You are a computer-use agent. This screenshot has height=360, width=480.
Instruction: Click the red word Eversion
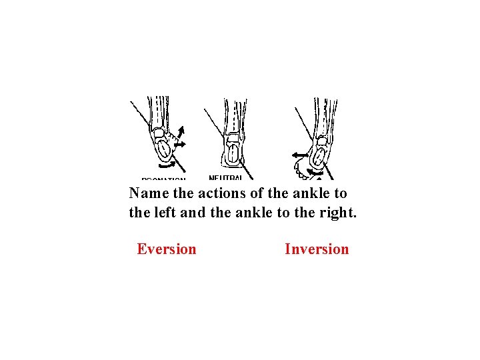point(167,249)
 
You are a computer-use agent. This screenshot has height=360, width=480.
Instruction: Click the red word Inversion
point(317,249)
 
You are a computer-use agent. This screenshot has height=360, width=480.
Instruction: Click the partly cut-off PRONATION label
point(163,179)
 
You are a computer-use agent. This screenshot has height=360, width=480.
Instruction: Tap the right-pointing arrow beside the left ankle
point(181,143)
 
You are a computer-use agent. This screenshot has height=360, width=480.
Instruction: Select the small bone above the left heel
point(159,133)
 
